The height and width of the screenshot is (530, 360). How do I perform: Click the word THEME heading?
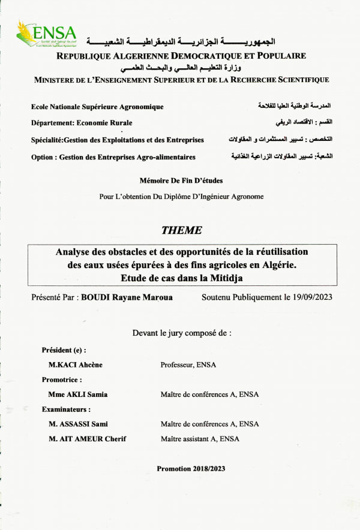click(x=182, y=230)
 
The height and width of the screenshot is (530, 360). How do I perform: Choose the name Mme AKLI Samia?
click(x=78, y=395)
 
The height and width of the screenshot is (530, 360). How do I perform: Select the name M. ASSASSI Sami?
click(x=79, y=424)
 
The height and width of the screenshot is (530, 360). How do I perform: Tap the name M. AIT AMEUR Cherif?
click(x=88, y=439)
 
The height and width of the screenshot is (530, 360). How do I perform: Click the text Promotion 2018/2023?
click(x=191, y=468)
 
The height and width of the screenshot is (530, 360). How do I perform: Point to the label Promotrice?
click(x=61, y=380)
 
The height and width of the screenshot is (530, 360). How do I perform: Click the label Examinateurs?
click(x=66, y=409)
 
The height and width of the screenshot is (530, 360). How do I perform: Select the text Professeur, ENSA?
click(x=188, y=365)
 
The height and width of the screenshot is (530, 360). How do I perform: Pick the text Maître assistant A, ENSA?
click(x=200, y=439)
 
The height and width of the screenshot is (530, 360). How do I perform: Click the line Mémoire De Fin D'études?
click(x=181, y=180)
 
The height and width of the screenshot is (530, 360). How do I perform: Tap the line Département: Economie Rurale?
click(x=82, y=123)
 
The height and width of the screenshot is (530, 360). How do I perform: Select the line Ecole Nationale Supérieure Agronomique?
click(x=97, y=107)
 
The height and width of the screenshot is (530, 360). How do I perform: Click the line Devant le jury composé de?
click(x=181, y=332)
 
